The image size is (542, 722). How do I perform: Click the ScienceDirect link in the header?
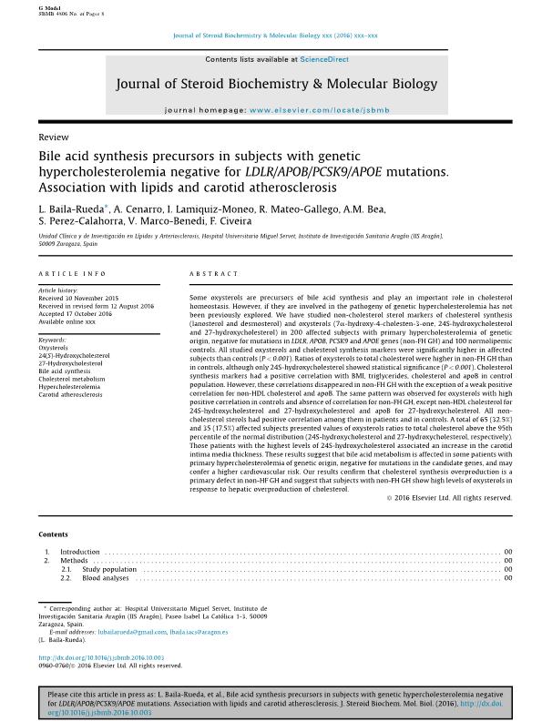(x=325, y=59)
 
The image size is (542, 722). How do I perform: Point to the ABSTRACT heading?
(x=213, y=274)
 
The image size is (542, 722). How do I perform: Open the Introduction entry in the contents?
(x=79, y=552)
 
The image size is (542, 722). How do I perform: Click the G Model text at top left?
(x=48, y=6)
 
